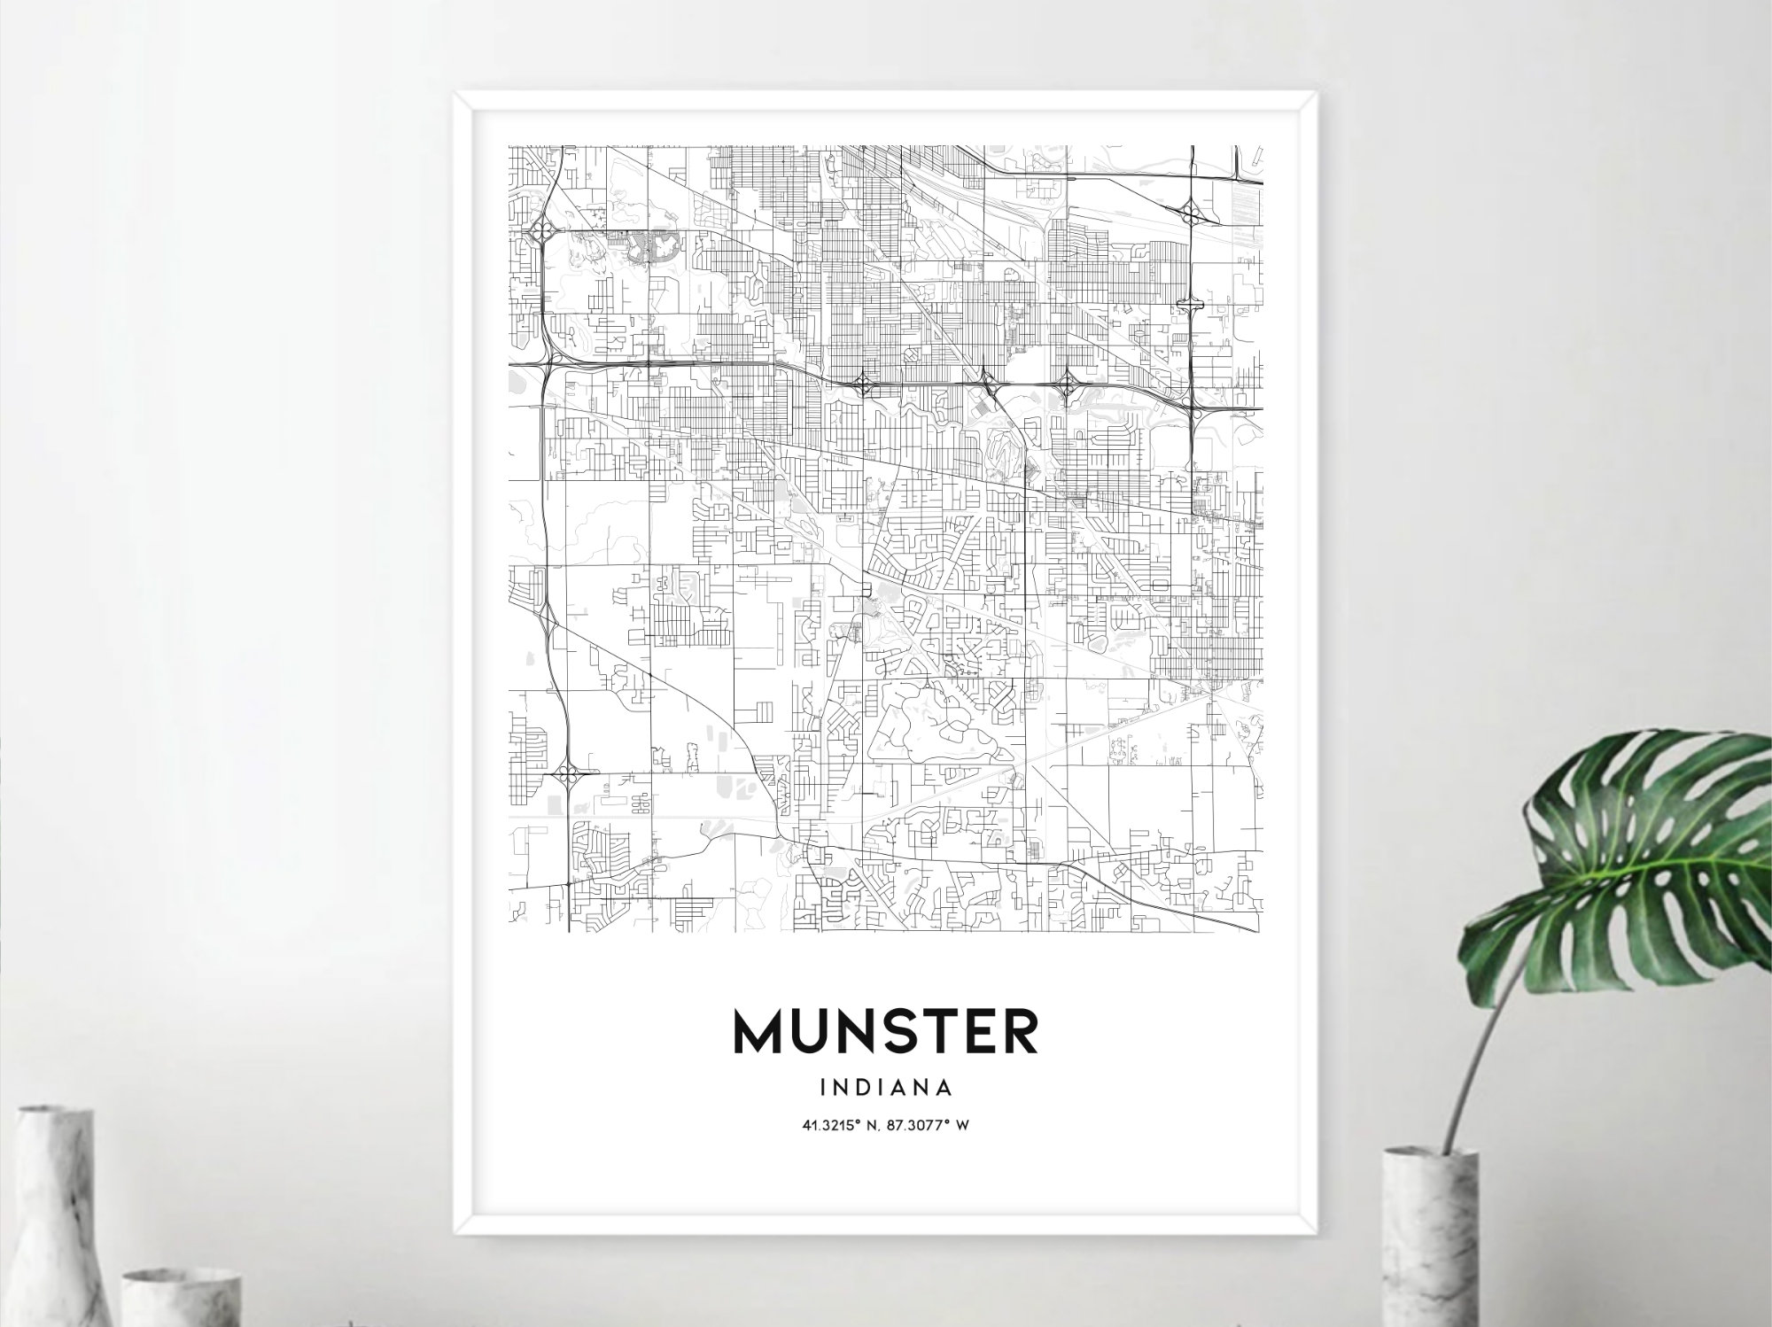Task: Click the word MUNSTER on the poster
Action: [885, 1031]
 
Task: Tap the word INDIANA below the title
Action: [886, 1086]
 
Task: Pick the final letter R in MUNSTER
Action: [1021, 1031]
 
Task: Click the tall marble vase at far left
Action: [55, 1222]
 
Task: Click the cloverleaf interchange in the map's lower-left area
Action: [564, 775]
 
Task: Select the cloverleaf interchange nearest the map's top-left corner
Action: [540, 233]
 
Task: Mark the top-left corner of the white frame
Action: [455, 92]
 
